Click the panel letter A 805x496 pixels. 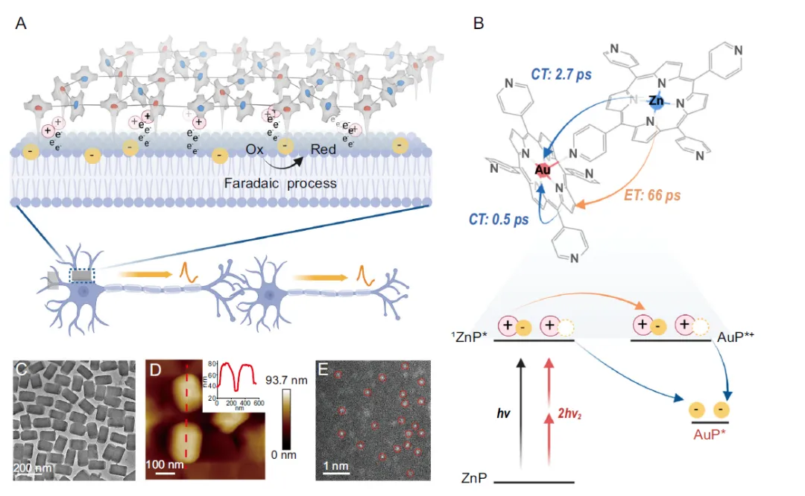tap(22, 23)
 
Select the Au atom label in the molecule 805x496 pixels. tap(542, 171)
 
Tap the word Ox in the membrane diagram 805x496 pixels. tap(255, 150)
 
